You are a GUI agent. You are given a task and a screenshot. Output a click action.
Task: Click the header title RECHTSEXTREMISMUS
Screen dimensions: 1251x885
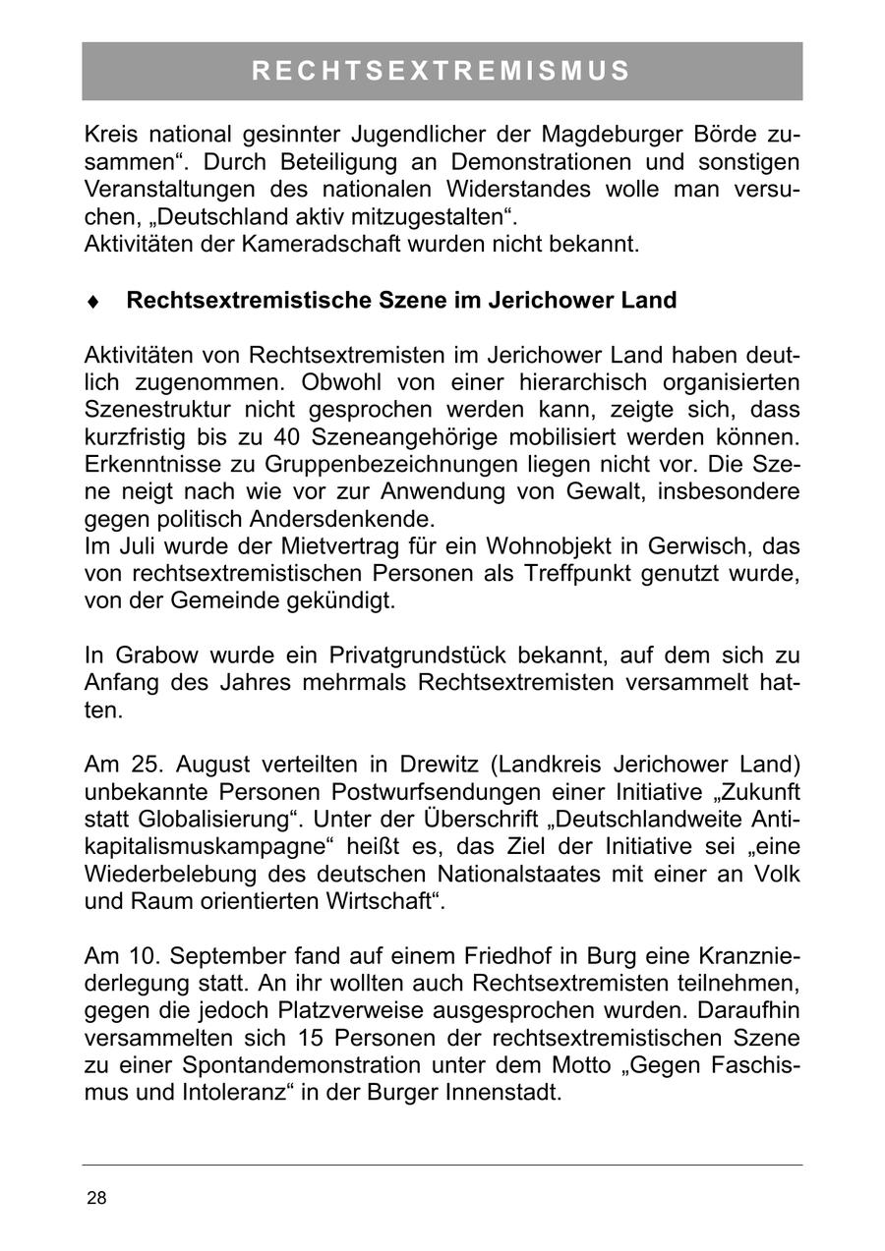tap(442, 71)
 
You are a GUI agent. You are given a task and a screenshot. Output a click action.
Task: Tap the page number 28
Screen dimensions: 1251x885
tap(97, 1198)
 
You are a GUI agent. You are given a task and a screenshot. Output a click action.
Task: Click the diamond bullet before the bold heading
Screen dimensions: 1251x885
tap(93, 302)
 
